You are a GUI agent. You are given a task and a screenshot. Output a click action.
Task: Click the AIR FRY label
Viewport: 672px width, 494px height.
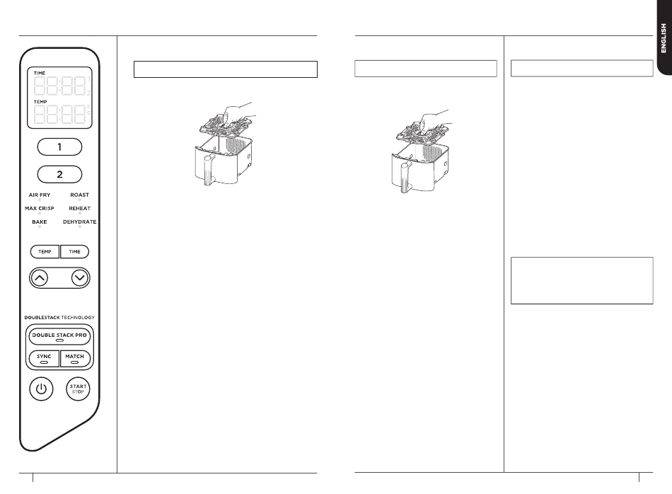[x=40, y=195]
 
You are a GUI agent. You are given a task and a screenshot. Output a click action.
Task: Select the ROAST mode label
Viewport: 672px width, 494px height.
[x=79, y=195]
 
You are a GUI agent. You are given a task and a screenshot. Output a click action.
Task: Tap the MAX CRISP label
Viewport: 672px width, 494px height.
[x=40, y=208]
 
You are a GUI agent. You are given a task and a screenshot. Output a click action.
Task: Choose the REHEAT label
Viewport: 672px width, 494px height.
[x=79, y=208]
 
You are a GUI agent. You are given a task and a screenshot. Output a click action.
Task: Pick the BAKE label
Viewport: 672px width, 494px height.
[x=40, y=222]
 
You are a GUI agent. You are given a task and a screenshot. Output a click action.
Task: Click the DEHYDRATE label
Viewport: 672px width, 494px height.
[x=79, y=222]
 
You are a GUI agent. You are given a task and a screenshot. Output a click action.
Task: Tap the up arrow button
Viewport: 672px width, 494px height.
[x=40, y=277]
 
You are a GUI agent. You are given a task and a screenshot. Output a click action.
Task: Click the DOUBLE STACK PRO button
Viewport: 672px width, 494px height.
[x=59, y=335]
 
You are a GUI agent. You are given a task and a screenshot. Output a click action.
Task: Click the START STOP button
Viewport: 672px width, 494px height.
[x=78, y=389]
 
